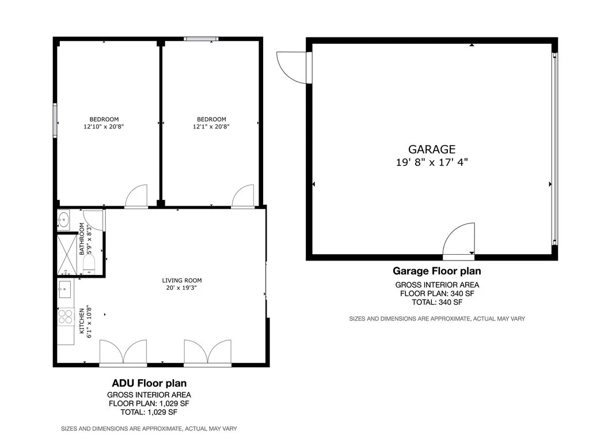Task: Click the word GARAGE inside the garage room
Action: (x=432, y=149)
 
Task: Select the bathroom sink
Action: (x=63, y=219)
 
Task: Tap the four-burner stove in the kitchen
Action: (x=65, y=316)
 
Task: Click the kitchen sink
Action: (x=64, y=288)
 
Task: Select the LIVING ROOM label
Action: (x=182, y=281)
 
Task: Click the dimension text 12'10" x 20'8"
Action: (x=104, y=127)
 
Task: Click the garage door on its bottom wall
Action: (x=459, y=241)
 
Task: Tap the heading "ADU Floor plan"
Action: (x=149, y=383)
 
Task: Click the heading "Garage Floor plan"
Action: (x=436, y=271)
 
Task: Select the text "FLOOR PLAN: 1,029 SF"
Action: (x=149, y=403)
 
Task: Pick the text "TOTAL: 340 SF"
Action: (x=437, y=302)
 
